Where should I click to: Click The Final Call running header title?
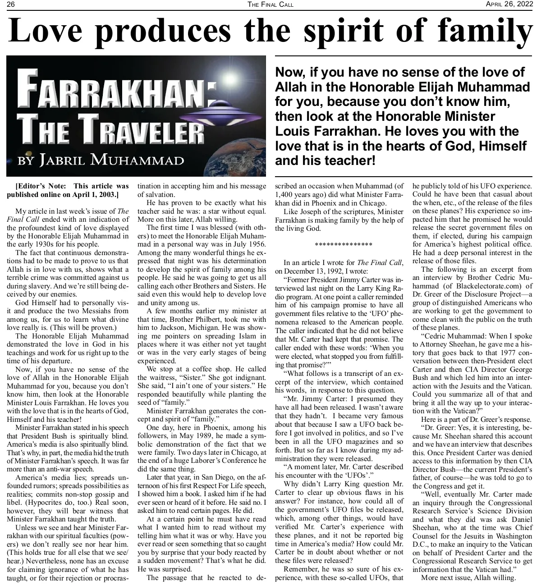[x=270, y=5]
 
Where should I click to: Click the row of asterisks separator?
[x=343, y=245]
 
